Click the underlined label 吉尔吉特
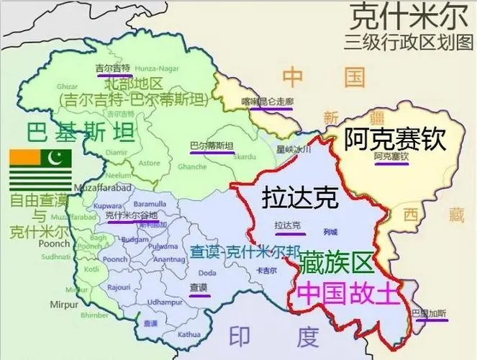pyautogui.click(x=113, y=68)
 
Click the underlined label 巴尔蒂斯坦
pyautogui.click(x=211, y=146)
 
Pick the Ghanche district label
pyautogui.click(x=192, y=166)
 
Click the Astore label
pyautogui.click(x=149, y=163)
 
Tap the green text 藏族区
pyautogui.click(x=337, y=263)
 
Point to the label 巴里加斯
pyautogui.click(x=428, y=314)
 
